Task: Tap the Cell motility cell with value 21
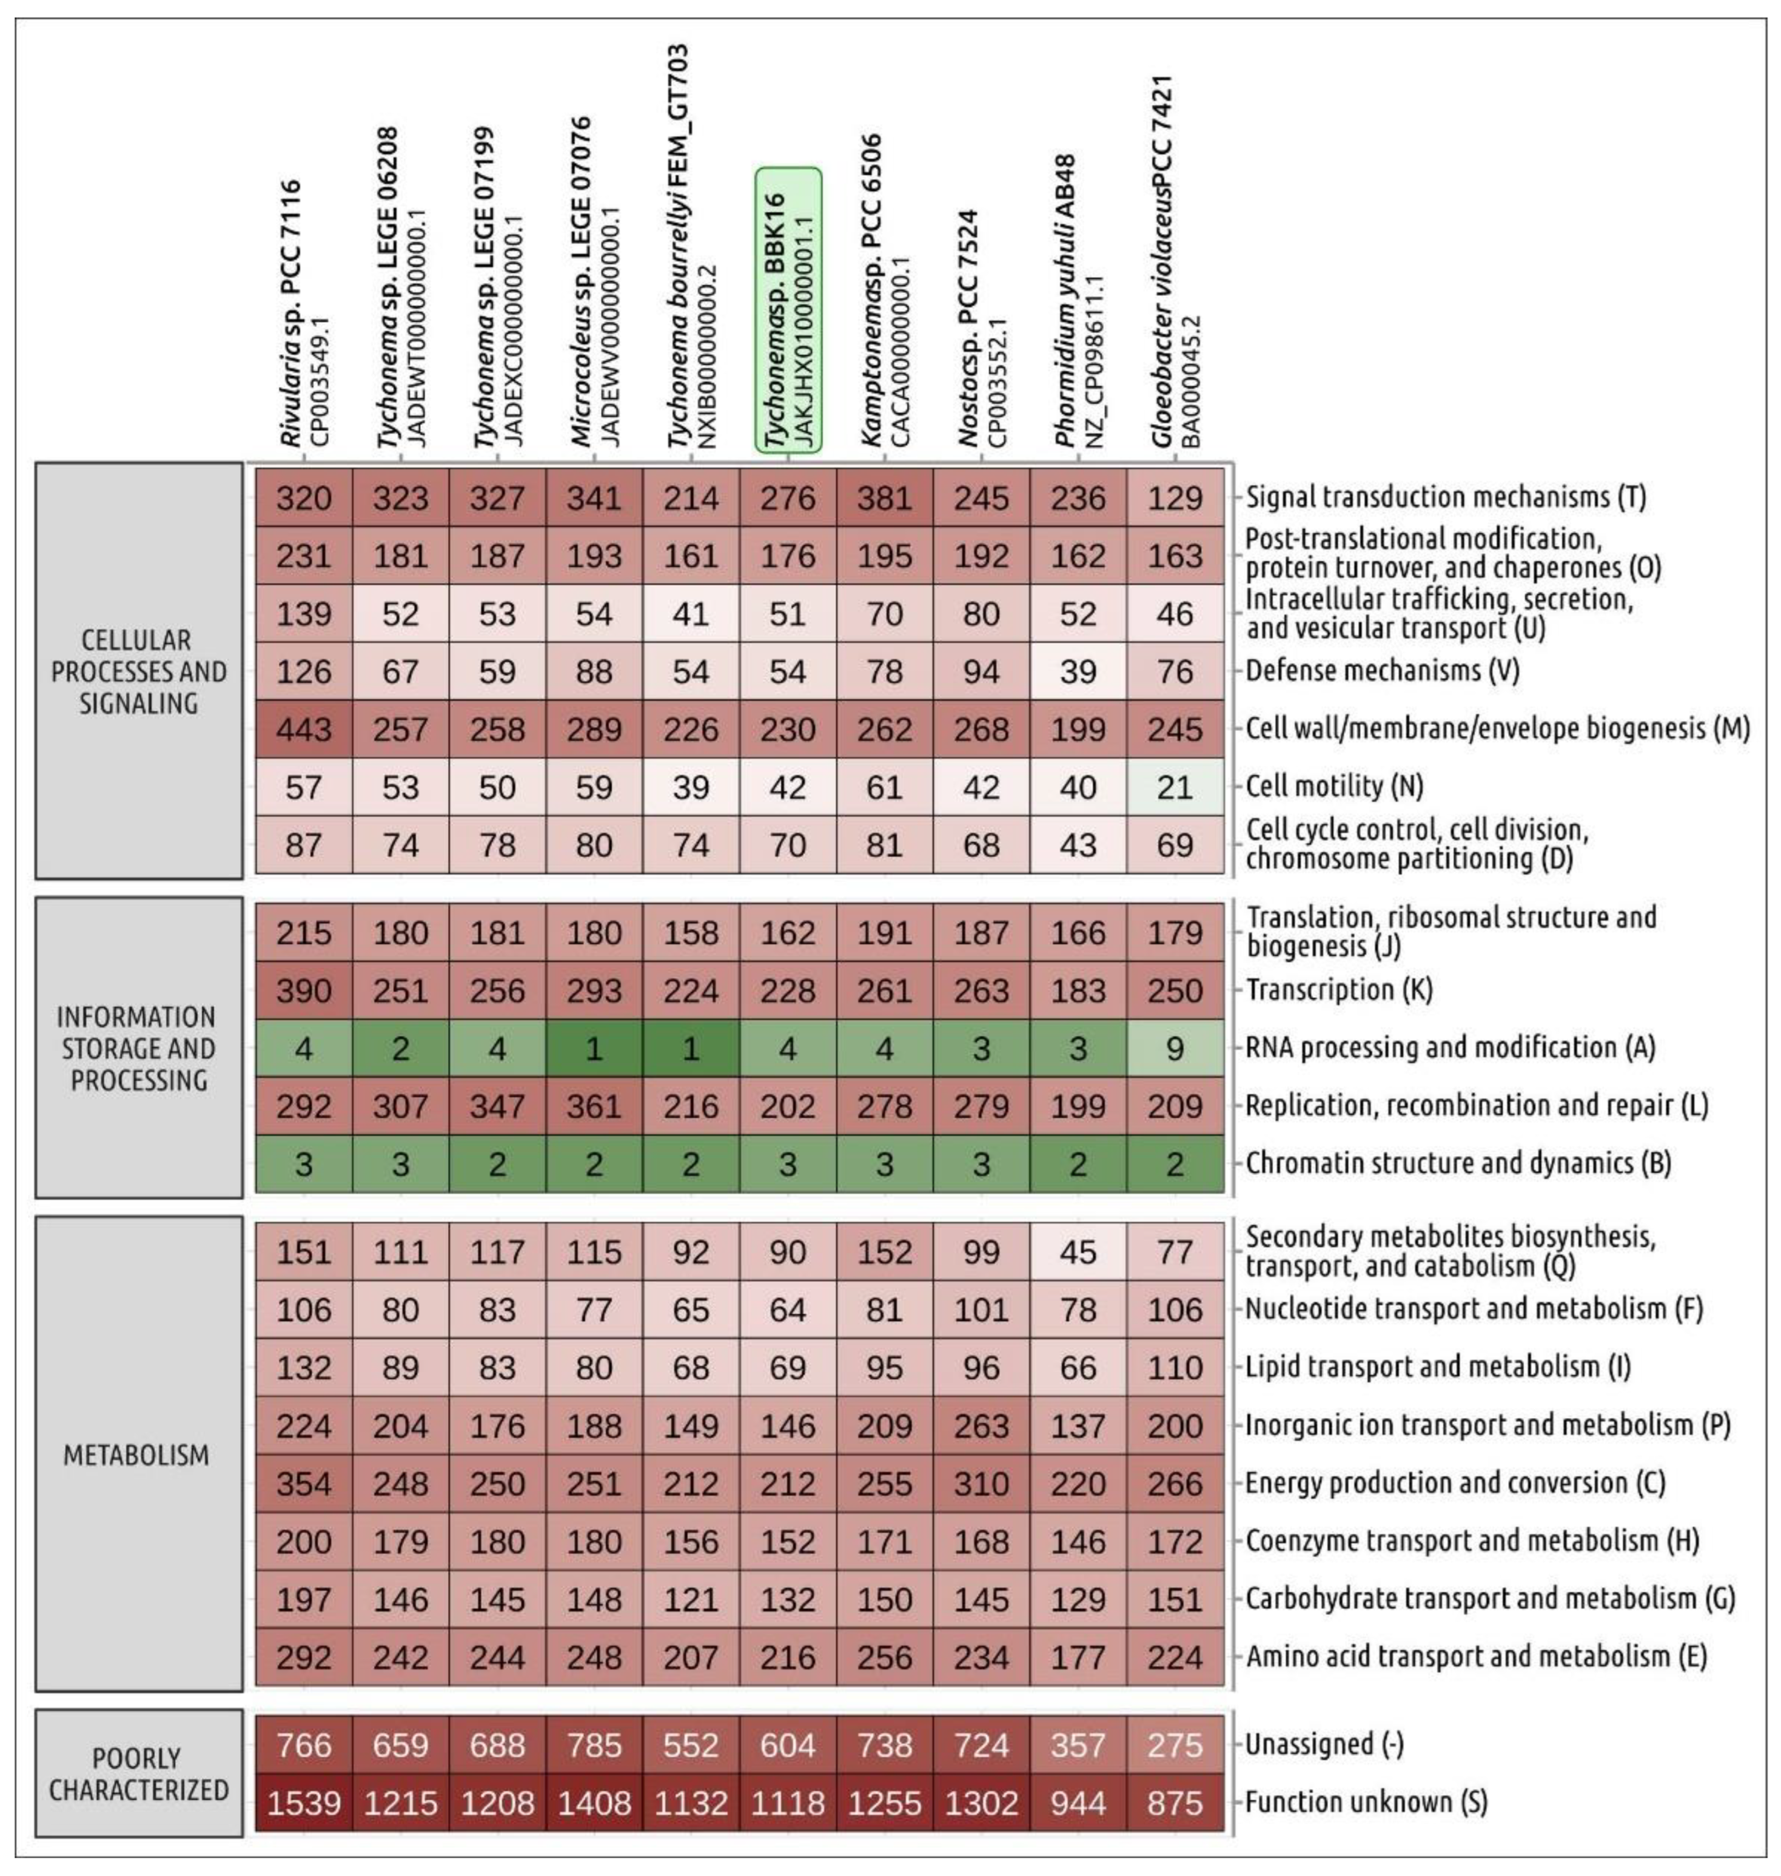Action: point(1175,787)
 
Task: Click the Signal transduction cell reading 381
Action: point(884,497)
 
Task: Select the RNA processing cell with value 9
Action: point(1175,1048)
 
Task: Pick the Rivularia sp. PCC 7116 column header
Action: point(304,314)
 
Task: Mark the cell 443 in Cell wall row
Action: point(304,729)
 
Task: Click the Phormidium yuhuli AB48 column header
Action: point(1078,304)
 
